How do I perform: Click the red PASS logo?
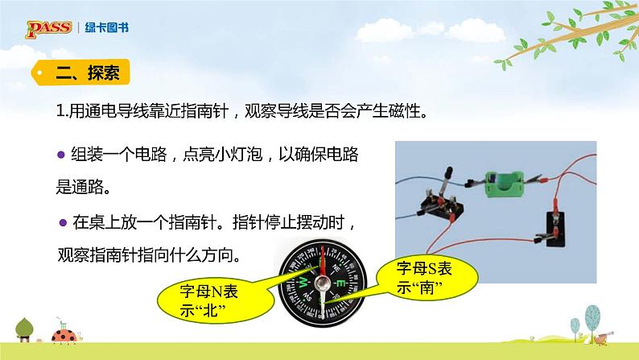pos(49,29)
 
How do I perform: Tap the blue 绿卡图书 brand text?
pos(107,27)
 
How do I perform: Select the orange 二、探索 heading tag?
pos(80,72)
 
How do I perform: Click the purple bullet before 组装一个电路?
pos(61,155)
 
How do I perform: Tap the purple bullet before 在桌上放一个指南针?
pos(63,222)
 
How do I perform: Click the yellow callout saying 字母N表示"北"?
pos(215,301)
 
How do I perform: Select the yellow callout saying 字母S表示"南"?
pos(427,278)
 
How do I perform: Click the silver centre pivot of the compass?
pos(323,282)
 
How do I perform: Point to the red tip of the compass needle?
pos(324,247)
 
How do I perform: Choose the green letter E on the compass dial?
pos(341,283)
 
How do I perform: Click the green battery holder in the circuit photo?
pos(505,184)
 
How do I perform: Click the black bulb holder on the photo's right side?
pos(556,229)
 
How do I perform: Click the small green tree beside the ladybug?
pos(24,329)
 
